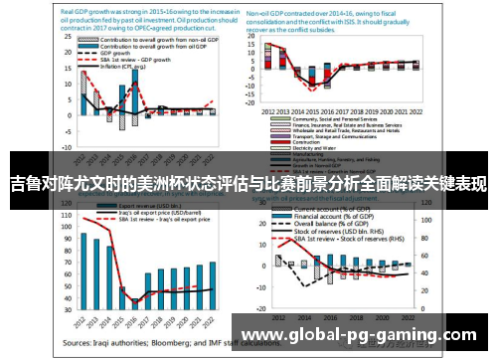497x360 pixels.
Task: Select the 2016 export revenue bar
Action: pos(135,294)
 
